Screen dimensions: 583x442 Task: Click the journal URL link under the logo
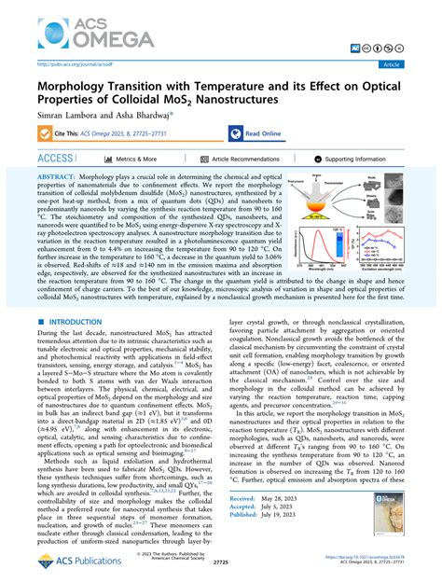pos(67,64)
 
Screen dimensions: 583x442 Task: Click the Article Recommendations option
pos(246,160)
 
